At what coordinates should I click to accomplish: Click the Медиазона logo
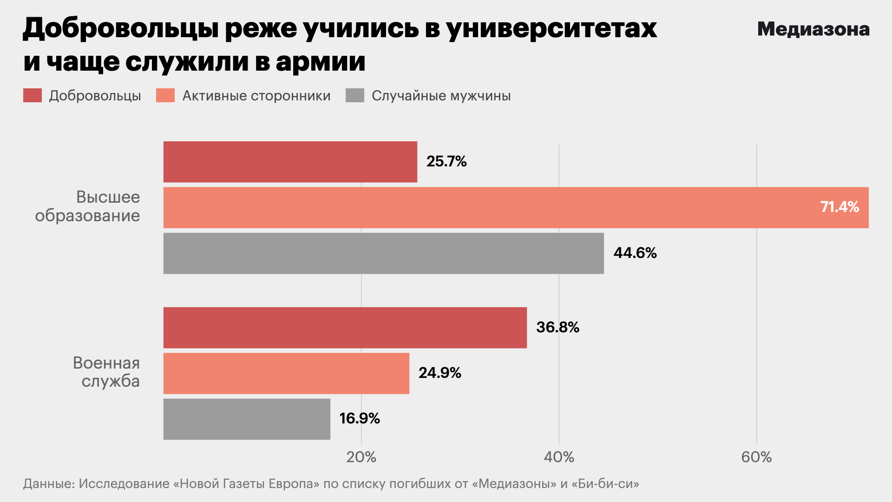point(813,29)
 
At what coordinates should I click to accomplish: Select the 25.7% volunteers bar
point(290,162)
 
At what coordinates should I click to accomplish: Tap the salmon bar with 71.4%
point(516,207)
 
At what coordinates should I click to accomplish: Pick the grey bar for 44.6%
point(383,253)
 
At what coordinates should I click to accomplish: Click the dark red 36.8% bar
point(345,327)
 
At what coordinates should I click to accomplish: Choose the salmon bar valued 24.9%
point(286,373)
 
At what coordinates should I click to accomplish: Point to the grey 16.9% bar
point(247,419)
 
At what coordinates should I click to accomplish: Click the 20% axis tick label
point(361,457)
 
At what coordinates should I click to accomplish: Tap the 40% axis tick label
point(559,457)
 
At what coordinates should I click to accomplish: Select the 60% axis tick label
point(756,457)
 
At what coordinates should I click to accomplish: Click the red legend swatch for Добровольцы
point(33,96)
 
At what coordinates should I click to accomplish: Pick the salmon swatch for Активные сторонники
point(165,96)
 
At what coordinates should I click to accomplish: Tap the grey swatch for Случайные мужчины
point(355,96)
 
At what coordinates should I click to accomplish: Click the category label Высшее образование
point(88,206)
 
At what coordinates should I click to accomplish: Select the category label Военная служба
point(106,372)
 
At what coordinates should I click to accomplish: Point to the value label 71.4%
point(840,207)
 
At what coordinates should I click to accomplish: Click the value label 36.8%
point(557,327)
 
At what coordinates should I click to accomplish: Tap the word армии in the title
point(321,61)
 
